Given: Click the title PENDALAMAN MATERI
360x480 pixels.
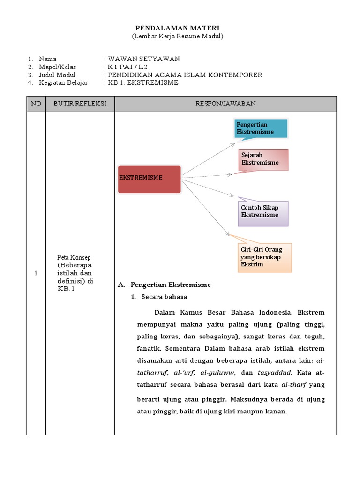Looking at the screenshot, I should (177, 29).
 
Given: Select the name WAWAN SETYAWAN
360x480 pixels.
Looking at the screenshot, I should (143, 59).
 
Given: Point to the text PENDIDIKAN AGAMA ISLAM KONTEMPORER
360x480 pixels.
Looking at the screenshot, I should (185, 75).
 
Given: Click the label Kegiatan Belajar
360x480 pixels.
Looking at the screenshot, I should (63, 83).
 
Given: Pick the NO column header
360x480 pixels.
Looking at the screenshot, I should (36, 104).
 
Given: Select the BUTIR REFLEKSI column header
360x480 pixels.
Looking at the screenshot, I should (80, 104).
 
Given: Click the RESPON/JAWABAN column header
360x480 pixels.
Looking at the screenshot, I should (225, 104).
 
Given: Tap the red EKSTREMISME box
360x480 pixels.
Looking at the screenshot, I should (149, 179).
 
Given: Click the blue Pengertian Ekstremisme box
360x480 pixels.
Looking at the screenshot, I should (261, 128).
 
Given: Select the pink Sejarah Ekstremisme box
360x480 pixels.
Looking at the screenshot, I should (263, 159).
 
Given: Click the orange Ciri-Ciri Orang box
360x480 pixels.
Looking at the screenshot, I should (265, 257).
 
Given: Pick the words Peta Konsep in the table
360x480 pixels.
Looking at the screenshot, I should (74, 257).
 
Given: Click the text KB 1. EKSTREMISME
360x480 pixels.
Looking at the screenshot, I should (143, 83).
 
